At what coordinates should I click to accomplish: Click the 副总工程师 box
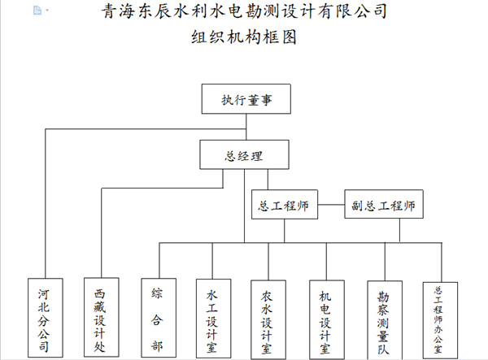[x=384, y=205]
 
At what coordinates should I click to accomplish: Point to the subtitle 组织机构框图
[x=244, y=38]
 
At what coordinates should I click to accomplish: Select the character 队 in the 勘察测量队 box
[x=382, y=346]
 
